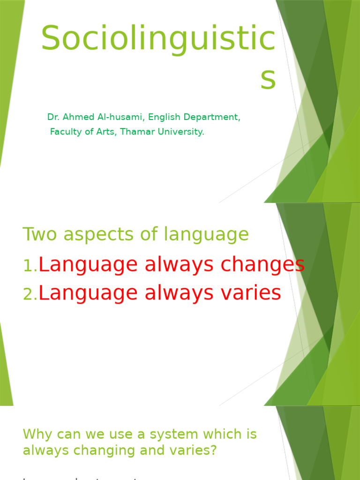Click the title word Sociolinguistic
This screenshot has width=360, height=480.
[x=158, y=39]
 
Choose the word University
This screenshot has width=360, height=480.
[x=180, y=132]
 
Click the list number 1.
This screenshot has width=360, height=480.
[x=29, y=266]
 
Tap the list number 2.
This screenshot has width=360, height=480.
[x=29, y=294]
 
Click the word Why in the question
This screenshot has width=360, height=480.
[x=36, y=435]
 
